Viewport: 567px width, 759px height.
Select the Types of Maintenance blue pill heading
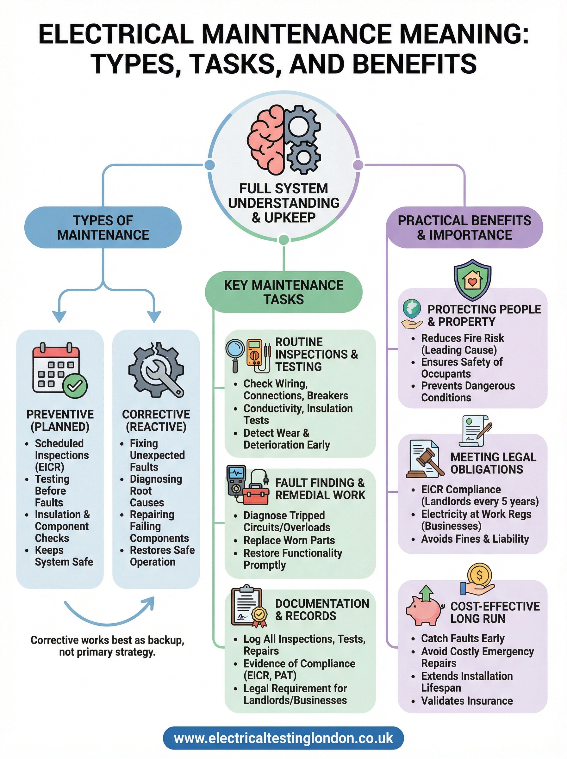[x=103, y=227]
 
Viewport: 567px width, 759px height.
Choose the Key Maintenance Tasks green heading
[x=283, y=292]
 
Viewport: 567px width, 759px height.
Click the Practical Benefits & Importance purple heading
[x=464, y=227]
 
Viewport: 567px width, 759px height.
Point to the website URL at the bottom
[x=283, y=738]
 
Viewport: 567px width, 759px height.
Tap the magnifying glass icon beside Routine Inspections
[x=235, y=353]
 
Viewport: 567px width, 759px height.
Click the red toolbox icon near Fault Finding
[x=256, y=496]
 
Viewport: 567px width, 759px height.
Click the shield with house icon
[x=472, y=280]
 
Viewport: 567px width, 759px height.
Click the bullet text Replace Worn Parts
[x=289, y=540]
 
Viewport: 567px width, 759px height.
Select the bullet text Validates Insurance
[x=467, y=701]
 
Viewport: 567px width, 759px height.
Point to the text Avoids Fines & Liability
[x=475, y=539]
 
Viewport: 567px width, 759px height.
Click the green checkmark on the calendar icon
[x=75, y=386]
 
